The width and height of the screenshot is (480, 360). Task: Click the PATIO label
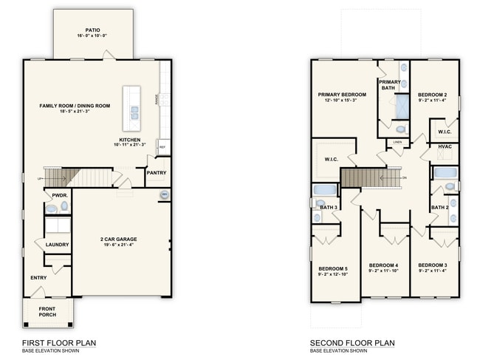[92, 30]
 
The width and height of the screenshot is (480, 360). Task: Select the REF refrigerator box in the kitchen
[162, 147]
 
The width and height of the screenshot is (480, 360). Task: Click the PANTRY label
[157, 173]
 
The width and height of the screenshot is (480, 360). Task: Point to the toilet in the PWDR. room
[51, 208]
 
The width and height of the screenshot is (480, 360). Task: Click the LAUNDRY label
[57, 245]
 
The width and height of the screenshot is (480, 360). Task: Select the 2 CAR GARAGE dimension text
[119, 245]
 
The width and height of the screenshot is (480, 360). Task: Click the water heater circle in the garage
[164, 194]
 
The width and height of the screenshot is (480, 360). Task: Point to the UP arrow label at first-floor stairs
[40, 178]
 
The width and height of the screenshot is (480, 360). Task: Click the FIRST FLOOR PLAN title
[58, 342]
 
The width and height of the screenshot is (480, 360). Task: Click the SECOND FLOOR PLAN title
[352, 342]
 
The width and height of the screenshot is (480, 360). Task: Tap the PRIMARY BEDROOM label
[342, 95]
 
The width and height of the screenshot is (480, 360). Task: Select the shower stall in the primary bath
[401, 107]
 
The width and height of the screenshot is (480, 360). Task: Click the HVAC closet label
[444, 146]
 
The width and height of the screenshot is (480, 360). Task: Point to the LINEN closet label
[397, 141]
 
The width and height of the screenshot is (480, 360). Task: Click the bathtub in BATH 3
[325, 189]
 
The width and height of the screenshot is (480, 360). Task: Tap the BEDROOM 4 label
[383, 265]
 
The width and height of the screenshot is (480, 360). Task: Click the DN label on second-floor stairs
[403, 178]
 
